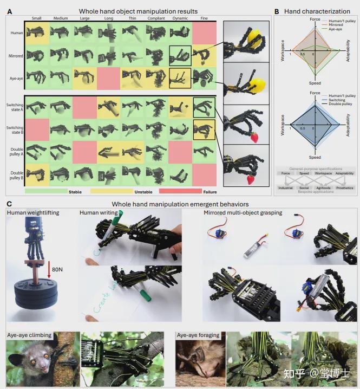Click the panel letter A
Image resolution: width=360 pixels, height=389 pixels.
[x=9, y=11]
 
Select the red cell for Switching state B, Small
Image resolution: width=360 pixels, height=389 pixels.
[x=36, y=130]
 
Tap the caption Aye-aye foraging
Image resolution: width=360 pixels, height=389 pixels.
[x=198, y=335]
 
